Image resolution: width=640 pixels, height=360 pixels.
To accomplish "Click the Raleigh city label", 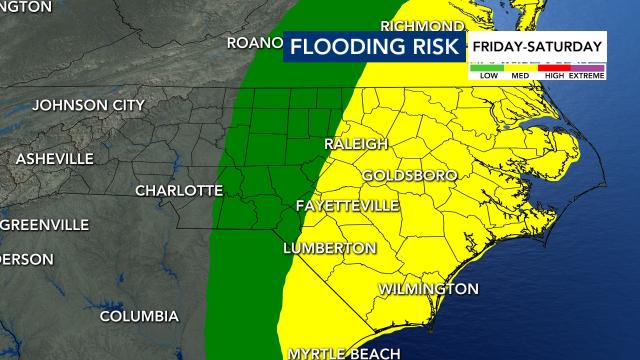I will click(355, 145).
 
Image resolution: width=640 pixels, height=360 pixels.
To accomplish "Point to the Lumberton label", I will click(329, 248).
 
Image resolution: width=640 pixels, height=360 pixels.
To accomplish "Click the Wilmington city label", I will click(428, 289).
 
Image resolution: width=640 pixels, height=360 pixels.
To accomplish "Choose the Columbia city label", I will click(139, 317).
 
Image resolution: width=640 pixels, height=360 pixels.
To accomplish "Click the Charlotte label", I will click(178, 190).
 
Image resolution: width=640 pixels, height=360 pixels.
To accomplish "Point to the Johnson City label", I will click(89, 105).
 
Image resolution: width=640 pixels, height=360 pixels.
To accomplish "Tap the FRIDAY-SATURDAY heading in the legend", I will click(537, 46).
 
